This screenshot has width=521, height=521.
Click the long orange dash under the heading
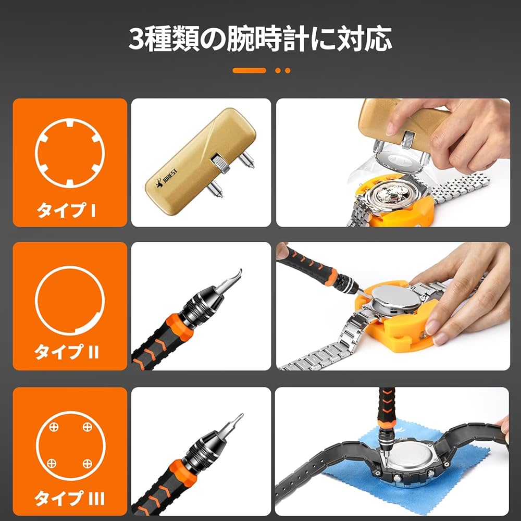pyautogui.click(x=249, y=70)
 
